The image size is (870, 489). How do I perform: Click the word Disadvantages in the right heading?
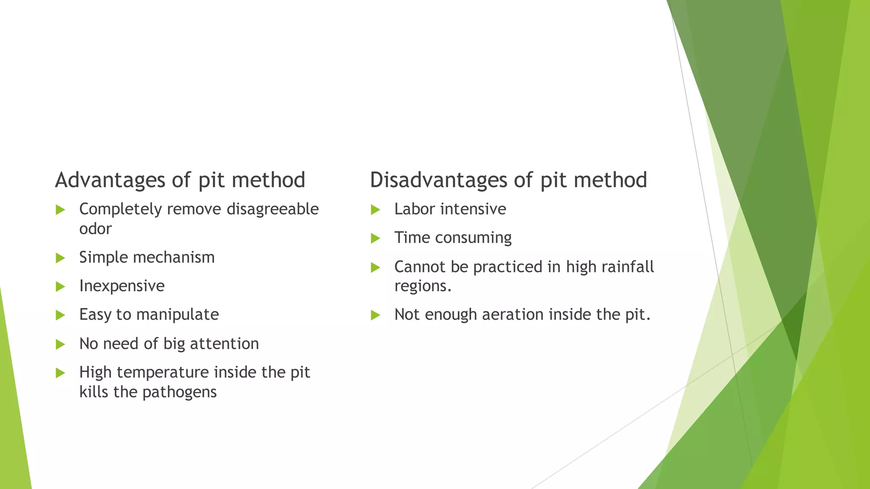[438, 180]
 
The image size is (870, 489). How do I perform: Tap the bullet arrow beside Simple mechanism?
[60, 258]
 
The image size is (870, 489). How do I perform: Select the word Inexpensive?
[122, 286]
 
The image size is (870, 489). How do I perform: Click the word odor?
[96, 229]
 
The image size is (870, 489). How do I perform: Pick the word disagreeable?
[273, 209]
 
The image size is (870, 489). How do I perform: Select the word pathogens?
[179, 392]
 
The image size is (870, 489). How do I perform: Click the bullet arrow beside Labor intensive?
[375, 210]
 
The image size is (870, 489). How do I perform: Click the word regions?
[422, 287]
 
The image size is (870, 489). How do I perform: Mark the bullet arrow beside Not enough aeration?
[375, 315]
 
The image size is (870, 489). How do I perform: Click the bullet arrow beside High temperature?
[60, 373]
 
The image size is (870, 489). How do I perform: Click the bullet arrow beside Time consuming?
[375, 238]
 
